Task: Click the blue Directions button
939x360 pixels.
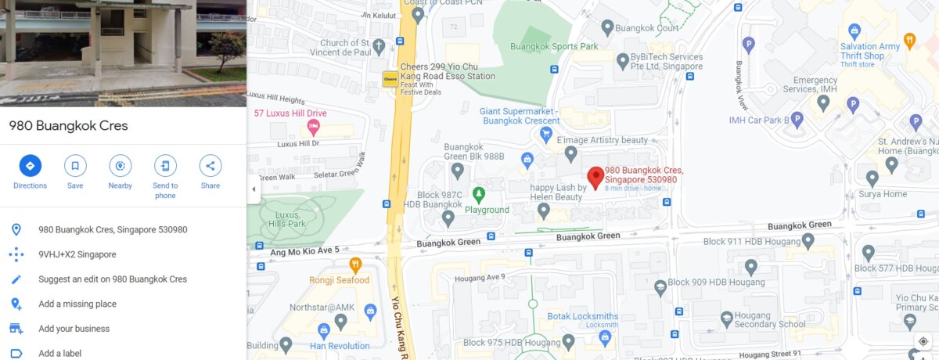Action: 30,166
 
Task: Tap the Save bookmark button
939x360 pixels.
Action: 75,166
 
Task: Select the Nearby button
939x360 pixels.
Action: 120,166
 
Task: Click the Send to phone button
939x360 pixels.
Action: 165,166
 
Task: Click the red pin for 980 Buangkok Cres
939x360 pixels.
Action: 595,178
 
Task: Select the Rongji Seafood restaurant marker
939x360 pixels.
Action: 355,265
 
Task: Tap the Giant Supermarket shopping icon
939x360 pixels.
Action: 546,135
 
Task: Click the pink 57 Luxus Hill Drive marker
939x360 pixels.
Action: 314,127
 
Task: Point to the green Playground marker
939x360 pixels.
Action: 478,193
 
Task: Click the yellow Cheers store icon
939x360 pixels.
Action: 389,79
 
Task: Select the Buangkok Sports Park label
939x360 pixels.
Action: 554,47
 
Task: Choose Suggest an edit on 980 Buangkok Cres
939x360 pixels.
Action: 113,279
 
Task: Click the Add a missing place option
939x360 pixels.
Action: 77,304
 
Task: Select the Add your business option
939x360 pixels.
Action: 74,329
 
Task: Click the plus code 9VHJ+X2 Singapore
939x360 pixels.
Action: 77,254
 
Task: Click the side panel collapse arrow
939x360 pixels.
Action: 254,189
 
